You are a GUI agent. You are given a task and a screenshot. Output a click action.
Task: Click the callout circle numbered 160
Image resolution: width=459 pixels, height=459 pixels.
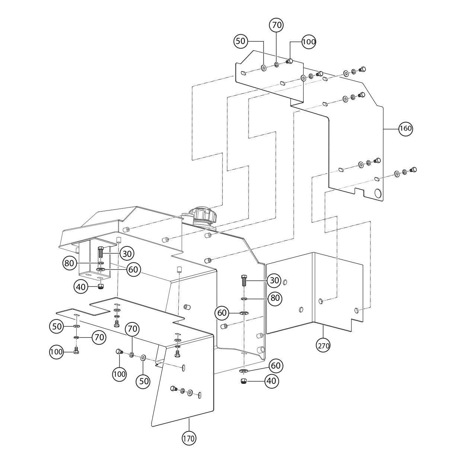405,128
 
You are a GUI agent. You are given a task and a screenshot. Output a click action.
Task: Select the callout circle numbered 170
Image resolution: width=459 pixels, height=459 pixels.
189,439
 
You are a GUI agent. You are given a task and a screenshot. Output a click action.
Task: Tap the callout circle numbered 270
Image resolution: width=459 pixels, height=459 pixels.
323,345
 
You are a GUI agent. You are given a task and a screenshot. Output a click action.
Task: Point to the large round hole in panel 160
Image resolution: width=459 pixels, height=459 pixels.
377,193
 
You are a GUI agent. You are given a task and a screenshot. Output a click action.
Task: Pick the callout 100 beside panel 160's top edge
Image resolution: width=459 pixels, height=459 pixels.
308,42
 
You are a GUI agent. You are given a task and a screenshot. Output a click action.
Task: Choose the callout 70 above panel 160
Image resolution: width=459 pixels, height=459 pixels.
276,25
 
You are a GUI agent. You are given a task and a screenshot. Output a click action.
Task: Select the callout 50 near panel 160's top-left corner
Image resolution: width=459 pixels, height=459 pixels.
241,41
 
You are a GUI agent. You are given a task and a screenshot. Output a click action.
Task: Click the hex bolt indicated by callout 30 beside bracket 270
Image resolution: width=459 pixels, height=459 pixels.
244,280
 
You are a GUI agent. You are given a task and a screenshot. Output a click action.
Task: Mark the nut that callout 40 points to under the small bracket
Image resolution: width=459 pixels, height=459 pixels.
100,286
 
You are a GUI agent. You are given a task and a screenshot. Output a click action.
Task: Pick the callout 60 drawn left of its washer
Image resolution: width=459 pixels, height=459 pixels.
222,313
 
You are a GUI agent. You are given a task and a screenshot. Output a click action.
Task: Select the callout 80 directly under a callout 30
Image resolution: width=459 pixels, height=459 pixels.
275,298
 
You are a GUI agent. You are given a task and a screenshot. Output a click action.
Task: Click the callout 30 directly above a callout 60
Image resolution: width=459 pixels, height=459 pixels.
127,254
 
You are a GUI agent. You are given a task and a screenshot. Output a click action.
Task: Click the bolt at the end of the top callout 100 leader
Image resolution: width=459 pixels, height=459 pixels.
290,61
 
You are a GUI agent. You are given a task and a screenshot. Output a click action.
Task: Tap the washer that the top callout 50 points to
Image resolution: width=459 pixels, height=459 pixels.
263,67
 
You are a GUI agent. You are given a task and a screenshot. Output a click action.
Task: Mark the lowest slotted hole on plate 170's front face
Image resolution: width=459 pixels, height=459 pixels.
200,395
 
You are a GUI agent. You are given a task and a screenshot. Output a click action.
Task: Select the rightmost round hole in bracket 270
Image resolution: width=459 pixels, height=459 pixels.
357,310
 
